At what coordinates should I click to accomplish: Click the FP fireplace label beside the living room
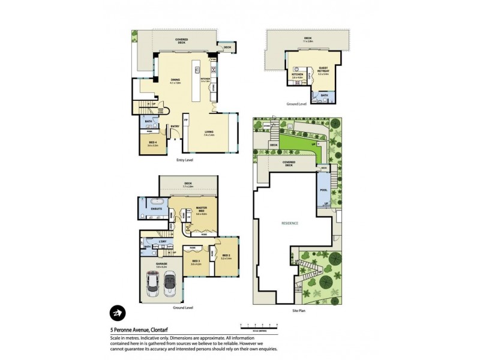tap(187, 121)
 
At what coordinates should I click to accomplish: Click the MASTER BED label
tap(201, 209)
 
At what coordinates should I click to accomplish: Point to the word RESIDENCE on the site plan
tap(290, 223)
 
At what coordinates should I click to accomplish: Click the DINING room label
tap(175, 79)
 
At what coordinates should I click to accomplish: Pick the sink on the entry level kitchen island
tap(197, 70)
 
